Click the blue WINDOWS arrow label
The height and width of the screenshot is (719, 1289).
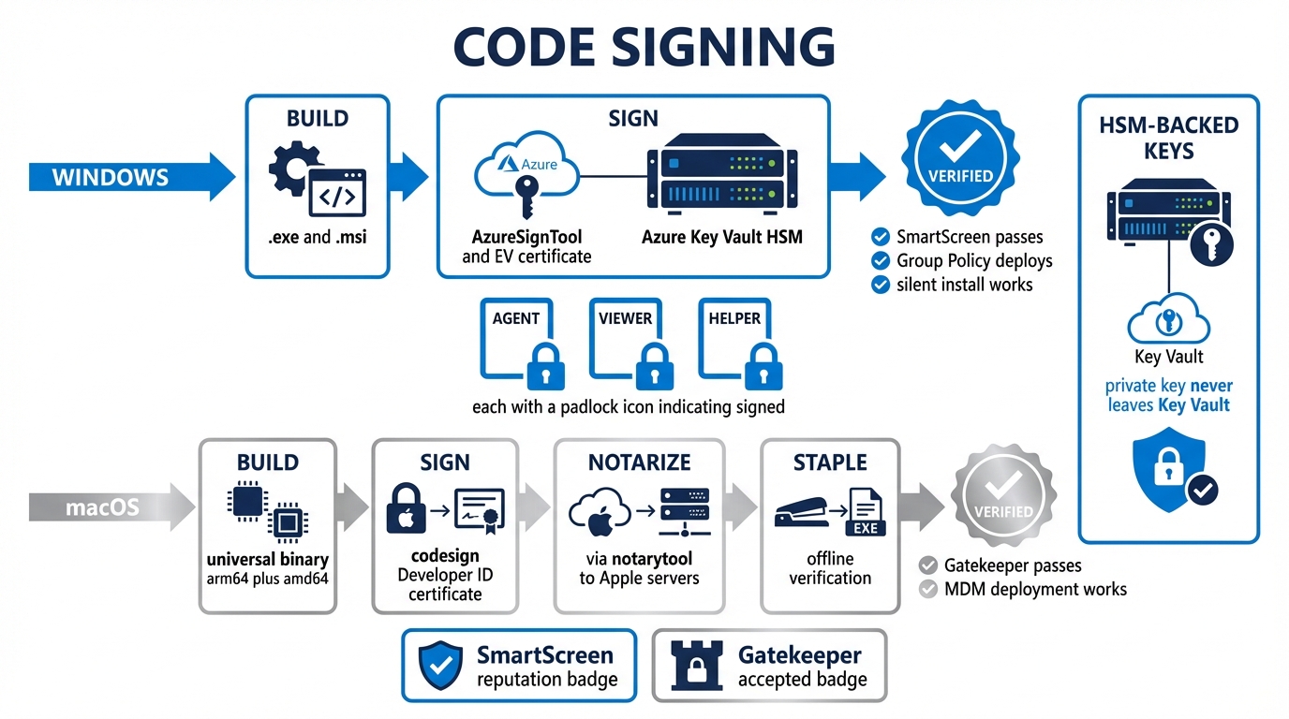(x=111, y=177)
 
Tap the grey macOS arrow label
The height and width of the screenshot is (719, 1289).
(x=103, y=508)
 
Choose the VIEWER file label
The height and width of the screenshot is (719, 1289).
(x=625, y=318)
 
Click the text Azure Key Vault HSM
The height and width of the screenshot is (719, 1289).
(x=722, y=237)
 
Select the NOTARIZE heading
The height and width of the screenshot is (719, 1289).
(x=639, y=462)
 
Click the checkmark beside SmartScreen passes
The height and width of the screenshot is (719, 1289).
(x=880, y=237)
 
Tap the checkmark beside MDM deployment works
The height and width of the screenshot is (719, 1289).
(x=928, y=589)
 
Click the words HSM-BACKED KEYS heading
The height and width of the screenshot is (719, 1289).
(x=1168, y=137)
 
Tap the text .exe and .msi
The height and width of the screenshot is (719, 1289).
(x=317, y=237)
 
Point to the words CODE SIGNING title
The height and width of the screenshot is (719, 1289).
(x=644, y=47)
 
